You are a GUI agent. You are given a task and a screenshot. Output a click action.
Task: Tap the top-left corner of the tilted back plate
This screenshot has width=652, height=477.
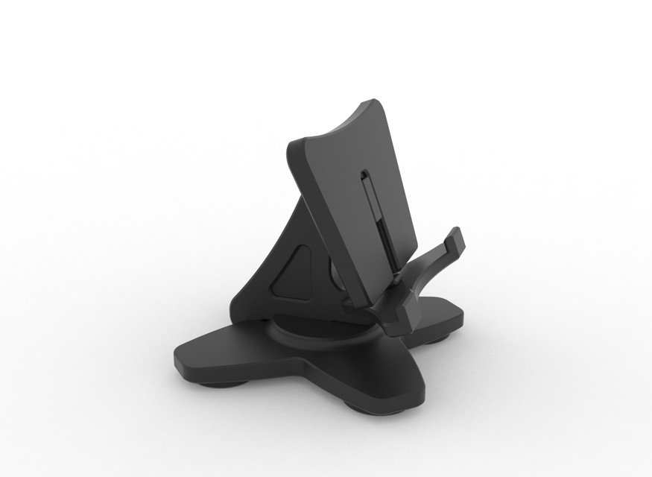tap(291, 143)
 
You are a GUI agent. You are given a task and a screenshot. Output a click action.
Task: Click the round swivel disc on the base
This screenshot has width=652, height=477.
tap(313, 331)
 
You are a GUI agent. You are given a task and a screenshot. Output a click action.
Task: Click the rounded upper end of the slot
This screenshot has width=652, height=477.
tap(363, 176)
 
